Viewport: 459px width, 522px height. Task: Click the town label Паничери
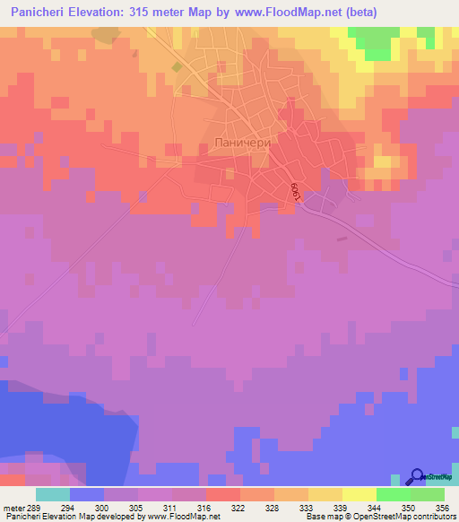[x=245, y=143]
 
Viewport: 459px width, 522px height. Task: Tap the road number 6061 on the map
[x=294, y=191]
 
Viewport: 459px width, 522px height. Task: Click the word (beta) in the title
[x=359, y=13]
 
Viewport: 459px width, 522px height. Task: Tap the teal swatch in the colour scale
[x=52, y=494]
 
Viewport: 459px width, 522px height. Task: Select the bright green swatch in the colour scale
[x=393, y=494]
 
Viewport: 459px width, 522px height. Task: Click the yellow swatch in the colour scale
[x=359, y=494]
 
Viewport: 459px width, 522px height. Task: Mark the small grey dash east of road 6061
[x=342, y=239]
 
